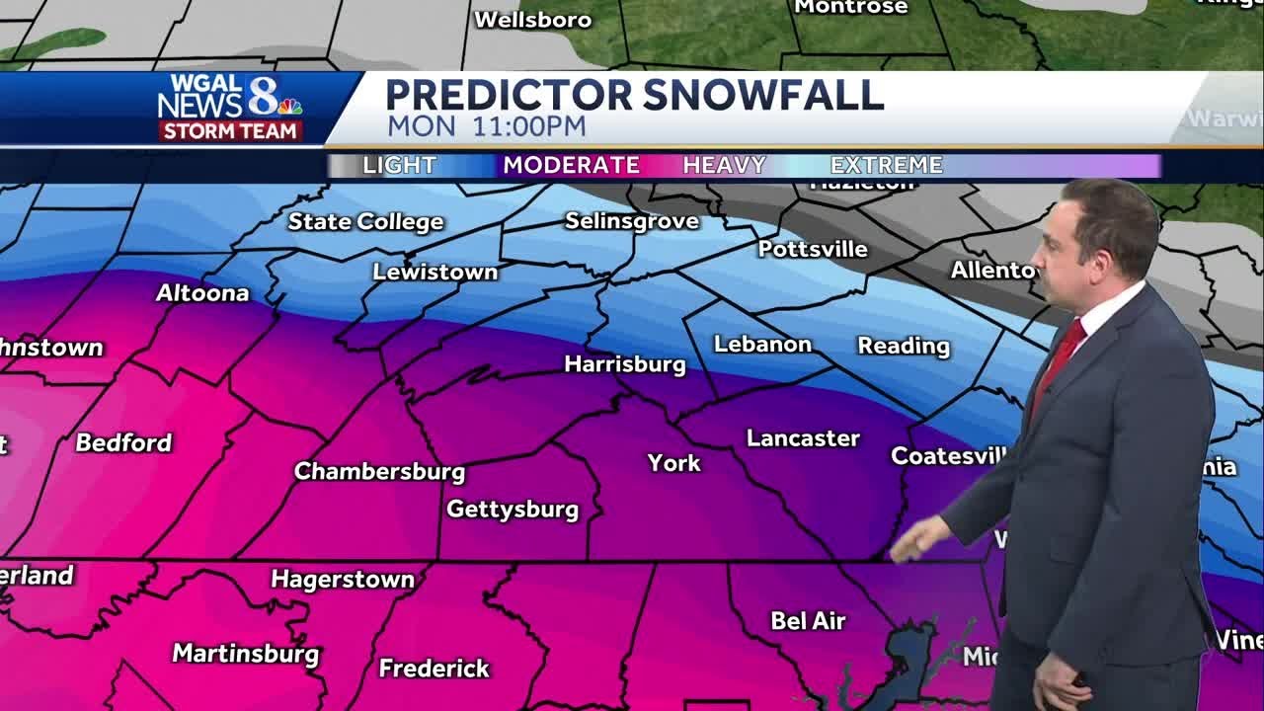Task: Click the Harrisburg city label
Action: coord(624,364)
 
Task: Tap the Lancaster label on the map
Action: coord(803,438)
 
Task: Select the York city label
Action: coord(673,463)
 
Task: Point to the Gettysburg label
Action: coord(513,510)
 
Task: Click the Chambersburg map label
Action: coord(379,472)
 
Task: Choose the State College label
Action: coord(365,222)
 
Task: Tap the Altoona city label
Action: coord(202,293)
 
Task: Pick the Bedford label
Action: coord(123,442)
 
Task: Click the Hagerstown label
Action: coord(343,580)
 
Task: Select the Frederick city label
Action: coord(434,669)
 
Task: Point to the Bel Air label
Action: coord(808,621)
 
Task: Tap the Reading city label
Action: coord(903,346)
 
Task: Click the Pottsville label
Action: coord(813,249)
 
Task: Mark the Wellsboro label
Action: coord(532,20)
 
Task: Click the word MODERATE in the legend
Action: coord(571,166)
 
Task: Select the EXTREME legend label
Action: coord(886,166)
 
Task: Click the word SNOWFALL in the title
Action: coord(762,96)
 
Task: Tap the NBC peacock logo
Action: coord(289,106)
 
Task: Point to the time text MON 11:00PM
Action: coord(486,127)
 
